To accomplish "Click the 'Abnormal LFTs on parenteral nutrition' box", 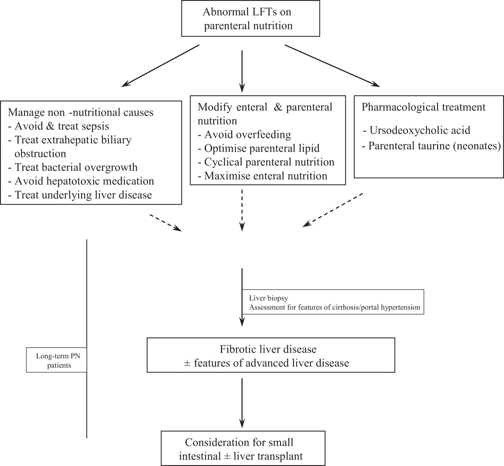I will (x=248, y=19).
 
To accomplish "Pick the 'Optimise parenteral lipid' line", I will (x=262, y=148).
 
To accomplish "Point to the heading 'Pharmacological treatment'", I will (x=424, y=107).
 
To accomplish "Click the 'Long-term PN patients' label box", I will (x=56, y=360).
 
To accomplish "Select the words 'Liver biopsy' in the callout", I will (x=266, y=298).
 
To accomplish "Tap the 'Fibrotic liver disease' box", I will (x=271, y=355).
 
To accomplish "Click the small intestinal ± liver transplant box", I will (x=243, y=449).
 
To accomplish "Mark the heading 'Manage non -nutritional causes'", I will (x=81, y=112).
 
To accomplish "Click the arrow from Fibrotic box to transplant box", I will (x=242, y=401).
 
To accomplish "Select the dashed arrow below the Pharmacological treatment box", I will (x=333, y=210).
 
